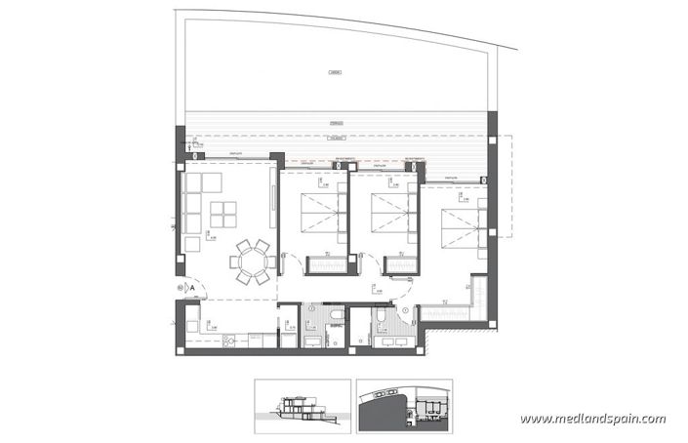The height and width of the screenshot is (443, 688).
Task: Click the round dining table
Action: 252,262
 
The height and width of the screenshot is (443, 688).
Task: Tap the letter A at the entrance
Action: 192,288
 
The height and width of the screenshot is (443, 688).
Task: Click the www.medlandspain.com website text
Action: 592,419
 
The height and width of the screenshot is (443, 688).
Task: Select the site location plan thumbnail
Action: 403,404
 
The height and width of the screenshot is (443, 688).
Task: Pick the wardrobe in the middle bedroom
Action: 399,264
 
